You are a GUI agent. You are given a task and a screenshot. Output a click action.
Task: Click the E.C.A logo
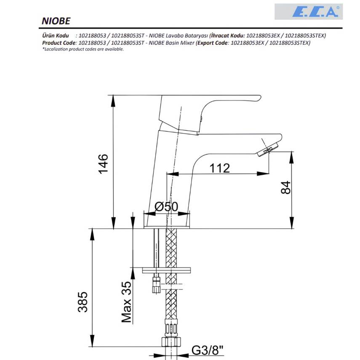coord(309,11)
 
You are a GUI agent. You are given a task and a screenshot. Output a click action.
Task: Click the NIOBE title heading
coord(56,21)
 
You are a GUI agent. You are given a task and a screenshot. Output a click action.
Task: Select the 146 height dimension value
coord(103,164)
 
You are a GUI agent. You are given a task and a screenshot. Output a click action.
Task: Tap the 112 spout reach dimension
coord(219,168)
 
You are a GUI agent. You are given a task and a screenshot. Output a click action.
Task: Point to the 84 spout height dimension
coord(286,187)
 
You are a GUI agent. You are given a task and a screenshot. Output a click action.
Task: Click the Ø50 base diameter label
coord(166,206)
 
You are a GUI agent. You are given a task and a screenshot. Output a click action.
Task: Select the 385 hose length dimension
coord(83,302)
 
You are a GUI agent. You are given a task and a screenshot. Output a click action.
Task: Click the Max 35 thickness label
coord(126,302)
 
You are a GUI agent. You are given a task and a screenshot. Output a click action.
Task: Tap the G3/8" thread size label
coord(207,351)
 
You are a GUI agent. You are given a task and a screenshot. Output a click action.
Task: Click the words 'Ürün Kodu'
coord(55,36)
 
